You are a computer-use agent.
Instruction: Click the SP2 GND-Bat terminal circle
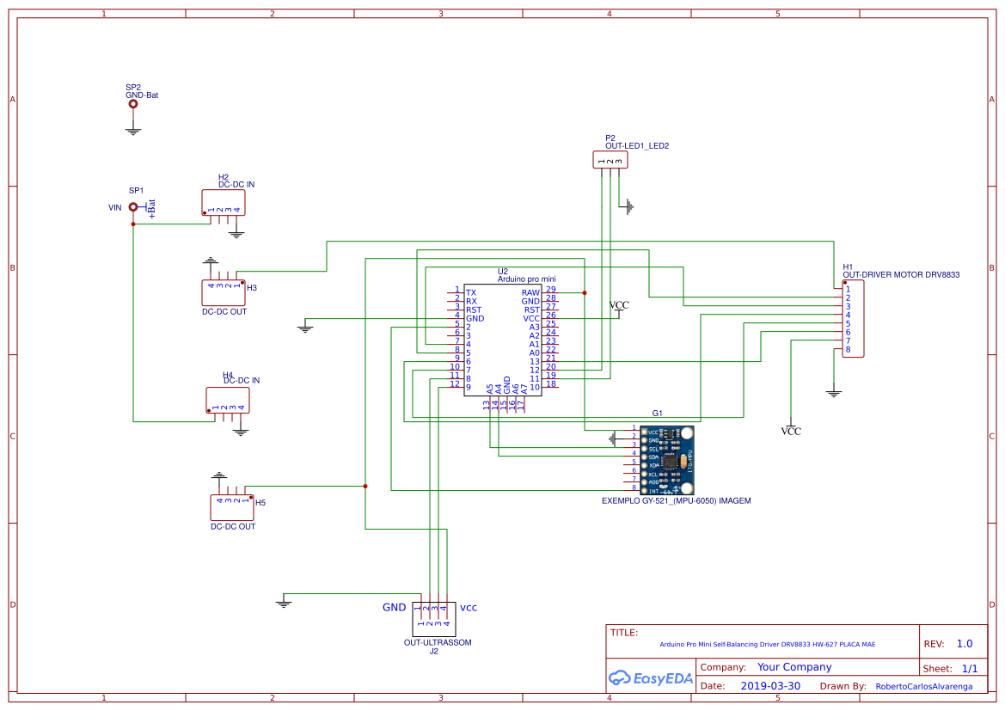(132, 104)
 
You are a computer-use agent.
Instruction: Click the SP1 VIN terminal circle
(133, 206)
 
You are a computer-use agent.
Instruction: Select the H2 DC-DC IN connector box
(224, 202)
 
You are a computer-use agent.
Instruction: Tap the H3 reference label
(252, 288)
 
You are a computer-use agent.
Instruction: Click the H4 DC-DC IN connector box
(228, 400)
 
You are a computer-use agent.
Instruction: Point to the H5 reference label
(260, 502)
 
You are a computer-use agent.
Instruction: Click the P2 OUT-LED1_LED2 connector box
(609, 159)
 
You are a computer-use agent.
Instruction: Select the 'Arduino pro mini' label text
(526, 279)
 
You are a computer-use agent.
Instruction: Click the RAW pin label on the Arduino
(530, 293)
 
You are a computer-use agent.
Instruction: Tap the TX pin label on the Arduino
(471, 293)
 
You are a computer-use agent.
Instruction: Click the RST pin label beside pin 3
(474, 310)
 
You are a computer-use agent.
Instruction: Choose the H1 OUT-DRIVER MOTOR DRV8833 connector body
(854, 320)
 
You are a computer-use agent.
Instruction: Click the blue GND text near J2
(394, 607)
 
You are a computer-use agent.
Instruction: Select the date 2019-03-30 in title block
(770, 686)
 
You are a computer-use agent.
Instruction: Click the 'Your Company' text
(794, 667)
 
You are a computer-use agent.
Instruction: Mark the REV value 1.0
(965, 644)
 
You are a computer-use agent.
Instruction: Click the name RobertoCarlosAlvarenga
(924, 687)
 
